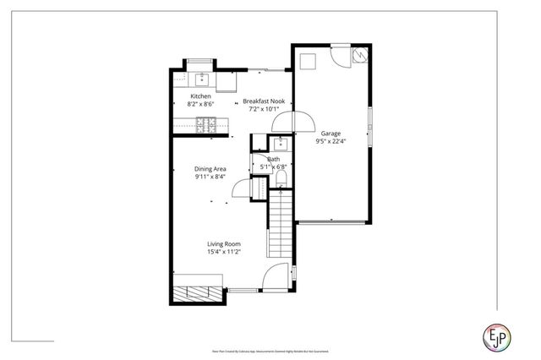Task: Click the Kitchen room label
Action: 200,96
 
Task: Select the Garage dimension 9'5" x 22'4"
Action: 331,142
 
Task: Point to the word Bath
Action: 273,159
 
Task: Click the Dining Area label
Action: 210,168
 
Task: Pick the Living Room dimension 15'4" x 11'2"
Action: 225,251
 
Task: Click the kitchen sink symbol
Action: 202,80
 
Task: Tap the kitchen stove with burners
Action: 206,125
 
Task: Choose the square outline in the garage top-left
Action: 306,59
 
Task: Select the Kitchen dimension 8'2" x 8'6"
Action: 200,105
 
